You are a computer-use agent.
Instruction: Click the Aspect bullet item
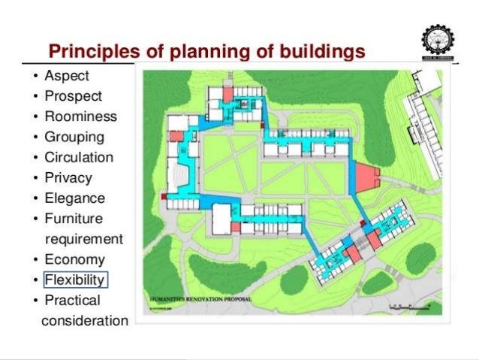tap(67, 76)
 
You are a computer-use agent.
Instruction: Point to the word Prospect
tap(74, 96)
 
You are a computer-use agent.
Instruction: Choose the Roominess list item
tap(80, 116)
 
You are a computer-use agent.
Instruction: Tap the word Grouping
tap(74, 138)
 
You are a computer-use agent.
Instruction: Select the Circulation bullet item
tap(79, 158)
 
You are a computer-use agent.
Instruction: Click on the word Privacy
tap(68, 178)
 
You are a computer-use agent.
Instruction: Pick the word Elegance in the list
tap(74, 198)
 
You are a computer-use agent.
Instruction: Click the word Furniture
tap(74, 219)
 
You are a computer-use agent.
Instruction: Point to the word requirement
tap(83, 239)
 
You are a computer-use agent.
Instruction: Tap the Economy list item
tap(74, 260)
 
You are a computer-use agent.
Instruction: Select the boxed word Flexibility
tap(76, 280)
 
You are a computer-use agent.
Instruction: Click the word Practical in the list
tap(72, 301)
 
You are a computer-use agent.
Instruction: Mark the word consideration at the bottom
tap(86, 321)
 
